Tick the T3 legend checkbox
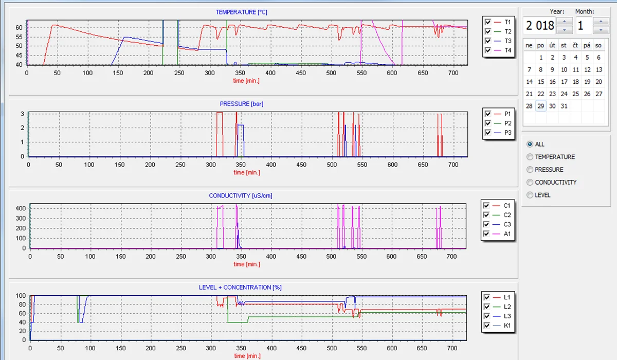[488, 41]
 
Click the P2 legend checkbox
[488, 123]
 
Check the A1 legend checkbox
[486, 233]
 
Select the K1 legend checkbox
[487, 326]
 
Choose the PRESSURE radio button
[530, 170]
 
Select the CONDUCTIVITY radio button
[530, 183]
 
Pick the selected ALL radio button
[530, 144]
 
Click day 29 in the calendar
[541, 106]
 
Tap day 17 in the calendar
[564, 82]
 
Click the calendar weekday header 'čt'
[575, 45]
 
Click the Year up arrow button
[565, 21]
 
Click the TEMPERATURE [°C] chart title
[241, 12]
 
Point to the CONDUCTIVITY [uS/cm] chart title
[241, 195]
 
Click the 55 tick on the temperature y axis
[19, 37]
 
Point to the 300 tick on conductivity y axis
[21, 218]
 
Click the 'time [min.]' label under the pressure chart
[247, 172]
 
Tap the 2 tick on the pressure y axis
[22, 128]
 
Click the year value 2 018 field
[539, 26]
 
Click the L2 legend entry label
[507, 307]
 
